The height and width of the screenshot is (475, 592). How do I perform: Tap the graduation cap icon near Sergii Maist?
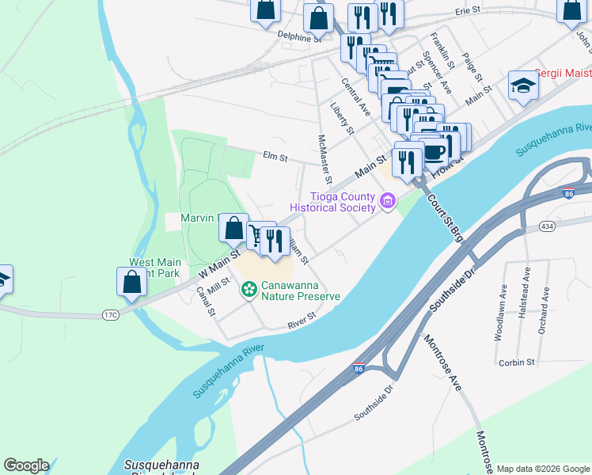point(523,87)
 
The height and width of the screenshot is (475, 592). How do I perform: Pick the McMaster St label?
point(324,157)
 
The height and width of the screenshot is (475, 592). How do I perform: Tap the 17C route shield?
point(109,314)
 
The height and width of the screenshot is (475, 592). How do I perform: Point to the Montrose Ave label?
point(443,362)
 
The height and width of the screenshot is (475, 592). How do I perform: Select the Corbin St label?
point(518,363)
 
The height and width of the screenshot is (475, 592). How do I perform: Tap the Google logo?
point(26,465)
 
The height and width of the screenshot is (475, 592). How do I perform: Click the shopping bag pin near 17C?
point(131,283)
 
